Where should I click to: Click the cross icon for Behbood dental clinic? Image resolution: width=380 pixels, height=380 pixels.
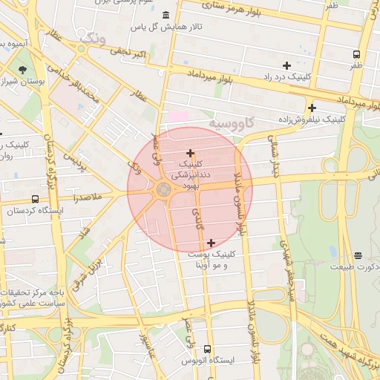(190, 152)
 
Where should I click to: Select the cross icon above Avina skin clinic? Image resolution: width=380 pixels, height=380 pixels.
(212, 243)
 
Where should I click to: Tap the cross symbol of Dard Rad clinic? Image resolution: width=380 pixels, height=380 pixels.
(286, 65)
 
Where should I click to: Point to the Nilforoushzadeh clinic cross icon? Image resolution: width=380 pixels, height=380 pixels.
(312, 108)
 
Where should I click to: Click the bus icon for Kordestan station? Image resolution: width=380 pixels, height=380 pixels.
(36, 200)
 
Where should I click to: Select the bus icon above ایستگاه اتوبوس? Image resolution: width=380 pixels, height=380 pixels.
(207, 349)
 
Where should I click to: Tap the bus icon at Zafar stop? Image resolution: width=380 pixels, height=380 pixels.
(357, 54)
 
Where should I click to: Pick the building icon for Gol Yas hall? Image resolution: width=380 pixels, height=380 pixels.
(164, 16)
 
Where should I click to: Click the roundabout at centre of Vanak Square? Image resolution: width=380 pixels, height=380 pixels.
(163, 191)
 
